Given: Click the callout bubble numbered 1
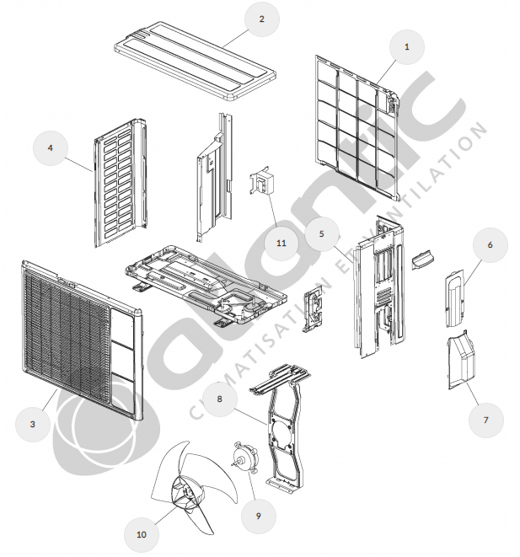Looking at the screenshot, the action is [x=407, y=47].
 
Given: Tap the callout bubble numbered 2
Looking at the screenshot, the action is [x=262, y=19].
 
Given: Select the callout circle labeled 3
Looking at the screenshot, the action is [x=33, y=424].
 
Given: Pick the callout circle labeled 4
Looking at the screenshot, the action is [x=51, y=147].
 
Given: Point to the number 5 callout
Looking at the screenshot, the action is [x=322, y=233].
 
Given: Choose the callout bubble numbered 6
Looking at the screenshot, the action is [x=491, y=245].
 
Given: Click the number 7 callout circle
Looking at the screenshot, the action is [x=486, y=420].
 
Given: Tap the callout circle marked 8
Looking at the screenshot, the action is [x=219, y=399].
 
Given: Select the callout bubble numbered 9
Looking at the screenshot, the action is [x=258, y=516].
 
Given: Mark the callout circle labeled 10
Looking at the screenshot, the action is [x=142, y=534].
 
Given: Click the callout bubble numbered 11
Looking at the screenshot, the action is [x=281, y=243].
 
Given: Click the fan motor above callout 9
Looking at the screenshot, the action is [x=244, y=458].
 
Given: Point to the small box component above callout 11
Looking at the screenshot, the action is [x=263, y=181].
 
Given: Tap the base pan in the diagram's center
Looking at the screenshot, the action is [x=206, y=283].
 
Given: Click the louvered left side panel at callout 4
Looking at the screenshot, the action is [x=121, y=183].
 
